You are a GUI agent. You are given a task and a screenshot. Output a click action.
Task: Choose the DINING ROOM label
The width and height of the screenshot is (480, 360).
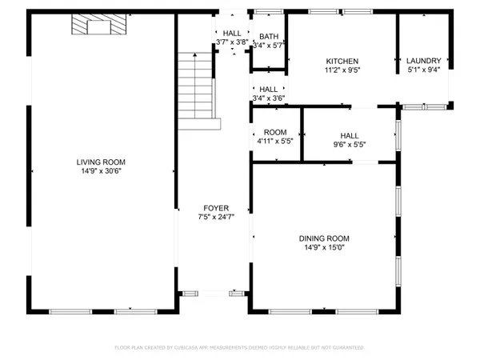(324, 238)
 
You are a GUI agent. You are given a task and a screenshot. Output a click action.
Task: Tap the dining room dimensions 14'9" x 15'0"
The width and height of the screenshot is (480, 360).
(324, 248)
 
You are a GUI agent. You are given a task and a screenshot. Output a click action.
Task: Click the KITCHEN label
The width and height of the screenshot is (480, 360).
(342, 62)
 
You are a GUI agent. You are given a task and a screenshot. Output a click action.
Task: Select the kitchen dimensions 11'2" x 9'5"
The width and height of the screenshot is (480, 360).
(342, 70)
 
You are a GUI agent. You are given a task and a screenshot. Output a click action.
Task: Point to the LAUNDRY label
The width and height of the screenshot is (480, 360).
(423, 62)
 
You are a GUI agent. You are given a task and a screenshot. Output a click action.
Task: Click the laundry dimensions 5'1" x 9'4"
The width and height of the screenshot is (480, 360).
(423, 70)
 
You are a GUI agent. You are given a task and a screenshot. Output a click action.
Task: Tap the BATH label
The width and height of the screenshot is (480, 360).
(268, 37)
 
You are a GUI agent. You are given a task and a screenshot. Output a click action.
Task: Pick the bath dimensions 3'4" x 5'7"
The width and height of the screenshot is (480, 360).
(268, 46)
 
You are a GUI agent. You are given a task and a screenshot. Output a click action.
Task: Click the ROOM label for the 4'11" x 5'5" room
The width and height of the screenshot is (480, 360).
(275, 132)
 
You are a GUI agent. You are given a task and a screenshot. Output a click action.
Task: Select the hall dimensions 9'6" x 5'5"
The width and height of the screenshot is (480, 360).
(348, 145)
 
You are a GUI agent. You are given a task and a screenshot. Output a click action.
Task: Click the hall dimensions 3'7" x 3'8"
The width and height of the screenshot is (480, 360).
(232, 42)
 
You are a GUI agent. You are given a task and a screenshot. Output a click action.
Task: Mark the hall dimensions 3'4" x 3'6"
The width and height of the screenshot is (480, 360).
(269, 98)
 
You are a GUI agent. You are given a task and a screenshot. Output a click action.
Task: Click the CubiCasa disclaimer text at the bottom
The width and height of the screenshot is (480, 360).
(239, 348)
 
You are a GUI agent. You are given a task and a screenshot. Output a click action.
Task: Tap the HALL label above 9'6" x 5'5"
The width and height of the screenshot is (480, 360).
(350, 136)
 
